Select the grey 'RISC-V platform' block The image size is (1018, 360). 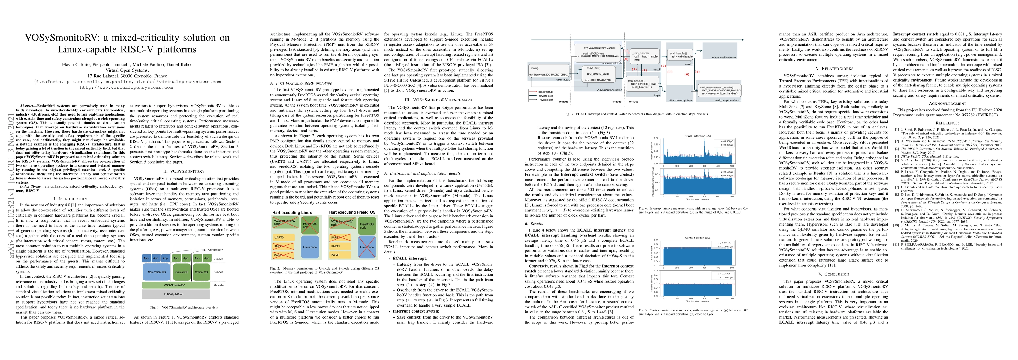tap(176, 294)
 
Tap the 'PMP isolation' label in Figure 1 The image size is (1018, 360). tap(215, 250)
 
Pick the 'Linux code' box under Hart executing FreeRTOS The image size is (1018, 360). tap(366, 247)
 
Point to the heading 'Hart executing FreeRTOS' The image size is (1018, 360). tap(352, 212)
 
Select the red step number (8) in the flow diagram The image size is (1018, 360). tap(634, 69)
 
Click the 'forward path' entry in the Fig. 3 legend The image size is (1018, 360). tap(545, 96)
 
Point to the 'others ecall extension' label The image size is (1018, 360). tap(724, 58)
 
